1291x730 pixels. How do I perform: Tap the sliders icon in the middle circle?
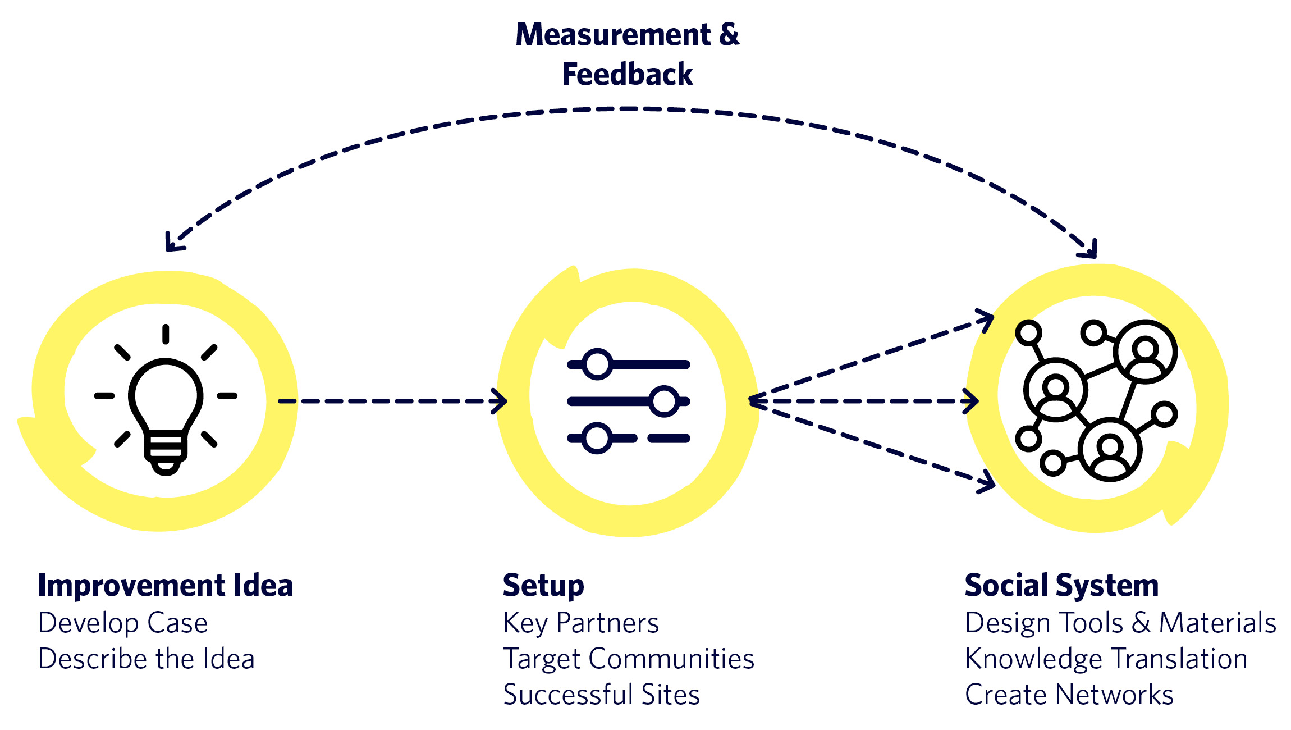point(629,401)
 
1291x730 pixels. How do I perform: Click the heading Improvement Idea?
point(166,586)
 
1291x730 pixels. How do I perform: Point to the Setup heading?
point(543,586)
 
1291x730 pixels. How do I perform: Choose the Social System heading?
point(1061,586)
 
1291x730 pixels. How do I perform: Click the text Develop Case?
point(123,623)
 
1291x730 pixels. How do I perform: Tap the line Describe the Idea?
point(146,659)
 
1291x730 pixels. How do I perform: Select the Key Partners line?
point(581,623)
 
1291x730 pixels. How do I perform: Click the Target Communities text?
point(629,659)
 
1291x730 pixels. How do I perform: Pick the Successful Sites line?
point(602,695)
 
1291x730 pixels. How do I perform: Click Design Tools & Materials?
point(1120,623)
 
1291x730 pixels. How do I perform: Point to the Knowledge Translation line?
point(1106,659)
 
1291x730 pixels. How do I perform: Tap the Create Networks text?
point(1069,695)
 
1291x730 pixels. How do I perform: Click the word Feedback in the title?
point(628,75)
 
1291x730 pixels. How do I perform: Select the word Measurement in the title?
point(614,35)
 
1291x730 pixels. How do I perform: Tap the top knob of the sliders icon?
point(597,364)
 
